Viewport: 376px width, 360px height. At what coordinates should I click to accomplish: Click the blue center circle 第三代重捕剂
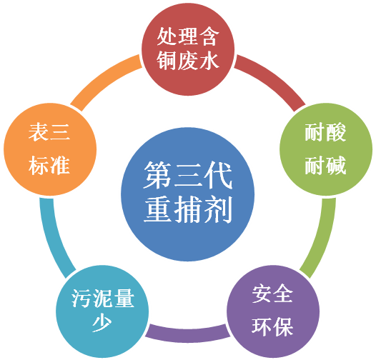click(188, 194)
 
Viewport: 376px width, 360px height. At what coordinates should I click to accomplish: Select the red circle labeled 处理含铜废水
click(188, 49)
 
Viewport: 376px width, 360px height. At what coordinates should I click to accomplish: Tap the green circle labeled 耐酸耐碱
click(326, 149)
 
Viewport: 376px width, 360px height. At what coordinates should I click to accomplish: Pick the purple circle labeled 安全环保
click(273, 311)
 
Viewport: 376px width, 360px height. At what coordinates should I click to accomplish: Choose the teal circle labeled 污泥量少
click(102, 311)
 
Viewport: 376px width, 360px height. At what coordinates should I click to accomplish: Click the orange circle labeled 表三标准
click(50, 149)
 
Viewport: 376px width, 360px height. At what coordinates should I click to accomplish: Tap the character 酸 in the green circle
click(336, 132)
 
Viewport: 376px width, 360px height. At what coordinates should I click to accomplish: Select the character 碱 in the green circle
click(336, 166)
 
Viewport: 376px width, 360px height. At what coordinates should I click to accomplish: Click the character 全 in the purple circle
click(284, 293)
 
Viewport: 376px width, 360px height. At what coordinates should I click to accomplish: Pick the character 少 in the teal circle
click(102, 323)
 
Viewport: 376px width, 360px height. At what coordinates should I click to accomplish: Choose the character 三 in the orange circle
click(59, 132)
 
